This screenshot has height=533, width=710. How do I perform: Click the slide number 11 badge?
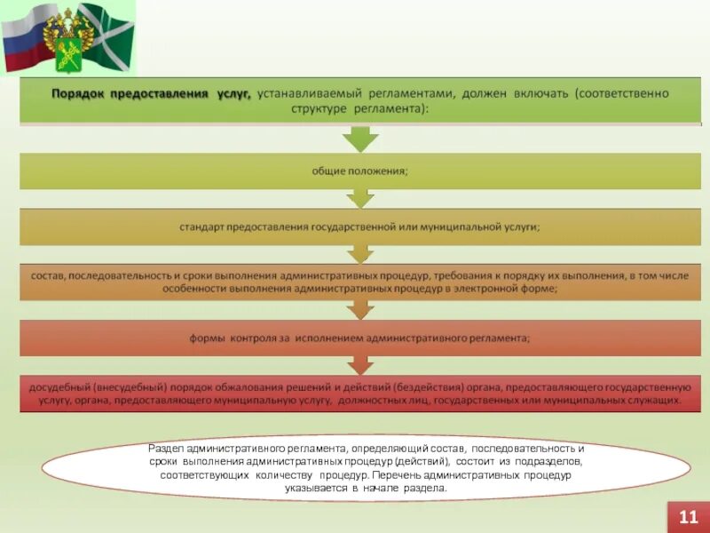[x=688, y=516]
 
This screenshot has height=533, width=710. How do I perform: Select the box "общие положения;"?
[x=359, y=171]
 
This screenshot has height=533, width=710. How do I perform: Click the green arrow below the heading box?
[x=360, y=139]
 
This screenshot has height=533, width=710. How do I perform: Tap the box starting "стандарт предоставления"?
[x=359, y=227]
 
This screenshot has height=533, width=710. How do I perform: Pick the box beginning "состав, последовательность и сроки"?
[x=359, y=282]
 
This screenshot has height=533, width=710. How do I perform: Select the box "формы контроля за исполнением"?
[x=359, y=338]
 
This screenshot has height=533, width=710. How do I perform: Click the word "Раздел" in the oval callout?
[x=167, y=448]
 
